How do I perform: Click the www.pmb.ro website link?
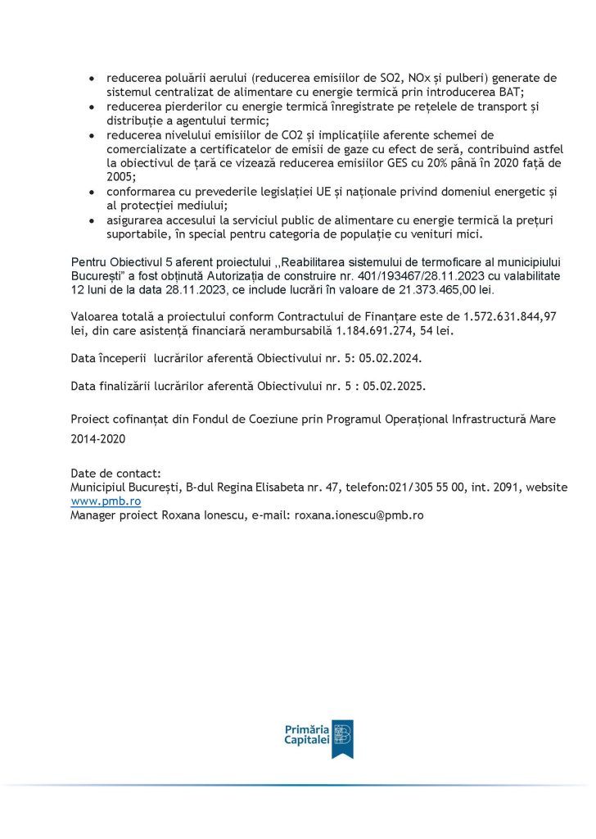[106, 501]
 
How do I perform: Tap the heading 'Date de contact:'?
[116, 473]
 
